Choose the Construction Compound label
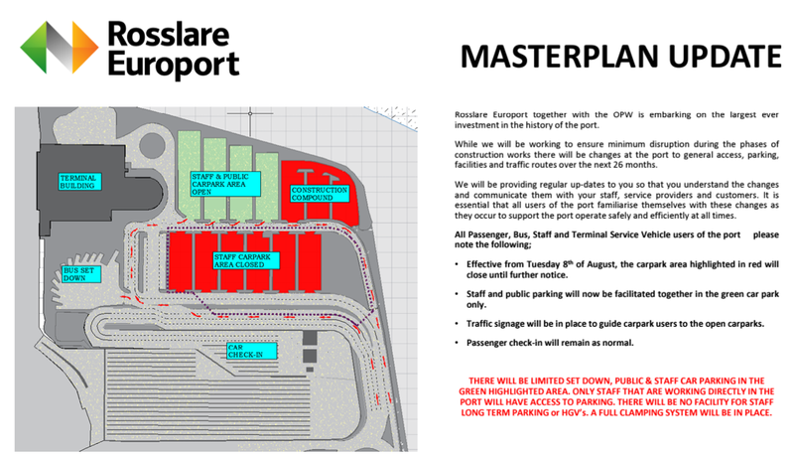coord(317,193)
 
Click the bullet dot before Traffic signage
coord(458,324)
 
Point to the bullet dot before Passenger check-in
coord(458,343)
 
